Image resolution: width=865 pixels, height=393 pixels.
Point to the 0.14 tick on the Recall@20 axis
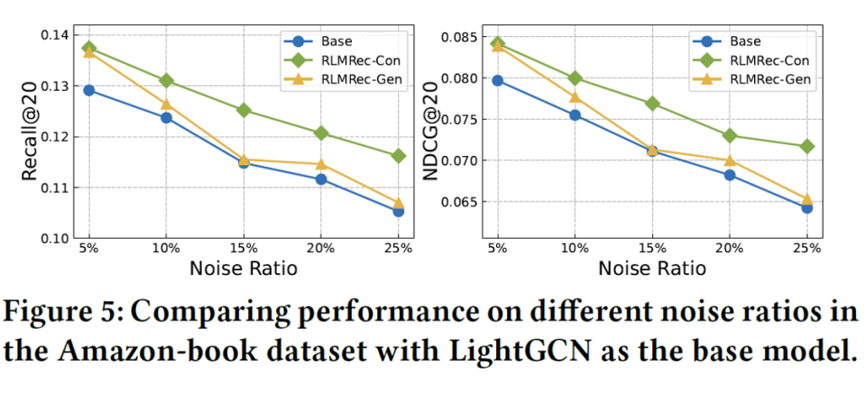click(55, 36)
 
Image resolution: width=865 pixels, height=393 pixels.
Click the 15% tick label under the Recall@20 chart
click(244, 248)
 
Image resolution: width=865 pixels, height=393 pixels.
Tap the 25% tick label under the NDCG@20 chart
click(806, 248)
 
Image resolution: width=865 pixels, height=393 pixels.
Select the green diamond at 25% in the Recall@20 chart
click(399, 156)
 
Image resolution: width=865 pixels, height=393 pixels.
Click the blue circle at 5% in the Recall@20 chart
click(88, 90)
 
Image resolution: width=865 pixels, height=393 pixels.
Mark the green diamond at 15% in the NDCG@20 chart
click(652, 104)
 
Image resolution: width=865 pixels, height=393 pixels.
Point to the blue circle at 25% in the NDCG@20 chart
click(806, 208)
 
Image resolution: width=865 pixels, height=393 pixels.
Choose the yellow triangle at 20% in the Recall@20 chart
click(321, 164)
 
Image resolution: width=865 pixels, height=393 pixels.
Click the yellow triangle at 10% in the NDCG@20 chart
click(575, 97)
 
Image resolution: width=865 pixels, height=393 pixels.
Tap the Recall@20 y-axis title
click(31, 132)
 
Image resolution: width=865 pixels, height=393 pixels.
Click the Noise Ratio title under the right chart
click(652, 269)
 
